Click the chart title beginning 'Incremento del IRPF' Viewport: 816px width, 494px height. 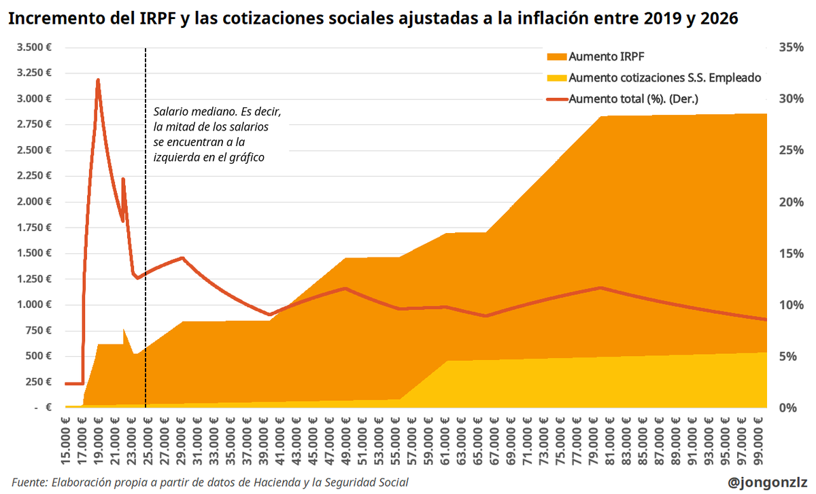click(372, 20)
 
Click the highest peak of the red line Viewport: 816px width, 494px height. click(98, 80)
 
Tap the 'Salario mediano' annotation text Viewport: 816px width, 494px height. click(216, 134)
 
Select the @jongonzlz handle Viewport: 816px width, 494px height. click(766, 482)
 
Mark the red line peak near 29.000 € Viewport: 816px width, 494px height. click(182, 258)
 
